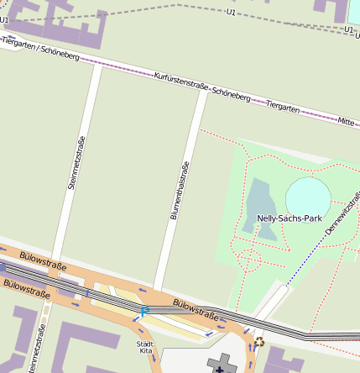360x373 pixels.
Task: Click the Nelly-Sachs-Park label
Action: (x=290, y=218)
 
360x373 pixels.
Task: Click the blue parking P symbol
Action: (x=144, y=312)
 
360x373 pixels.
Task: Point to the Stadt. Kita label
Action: (x=144, y=347)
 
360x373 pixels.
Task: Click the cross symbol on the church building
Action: (x=222, y=363)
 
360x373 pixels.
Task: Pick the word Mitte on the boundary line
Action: (x=345, y=122)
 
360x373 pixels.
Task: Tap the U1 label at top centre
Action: (x=231, y=12)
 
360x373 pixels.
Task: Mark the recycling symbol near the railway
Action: (x=259, y=341)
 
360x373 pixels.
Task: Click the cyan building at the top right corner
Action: (x=352, y=11)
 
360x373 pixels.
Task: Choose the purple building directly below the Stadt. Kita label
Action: (x=144, y=365)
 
